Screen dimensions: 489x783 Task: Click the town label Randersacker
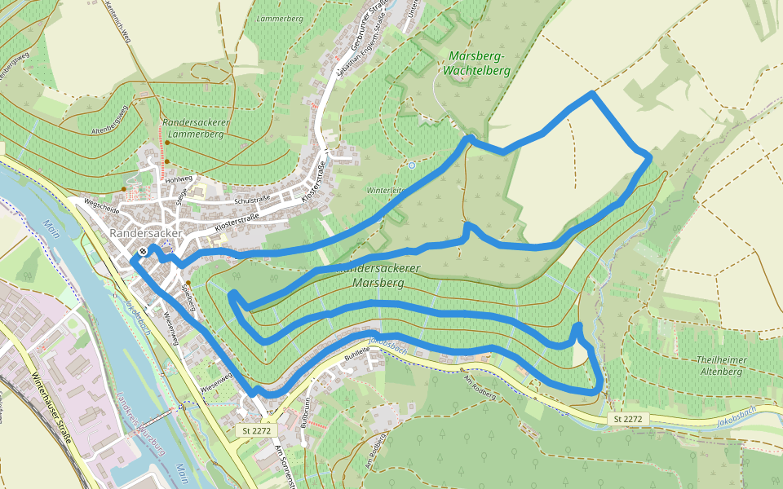(146, 233)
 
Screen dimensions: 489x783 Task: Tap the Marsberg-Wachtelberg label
(477, 63)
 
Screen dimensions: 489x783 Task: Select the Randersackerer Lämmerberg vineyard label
(193, 128)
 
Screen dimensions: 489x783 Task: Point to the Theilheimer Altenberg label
(720, 365)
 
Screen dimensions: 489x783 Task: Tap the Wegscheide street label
(101, 209)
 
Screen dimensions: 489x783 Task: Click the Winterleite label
(385, 190)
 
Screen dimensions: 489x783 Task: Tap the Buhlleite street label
(357, 355)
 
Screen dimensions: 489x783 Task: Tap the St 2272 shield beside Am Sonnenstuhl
(256, 430)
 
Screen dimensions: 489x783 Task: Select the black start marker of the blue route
(143, 251)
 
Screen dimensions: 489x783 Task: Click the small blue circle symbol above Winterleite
(412, 165)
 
